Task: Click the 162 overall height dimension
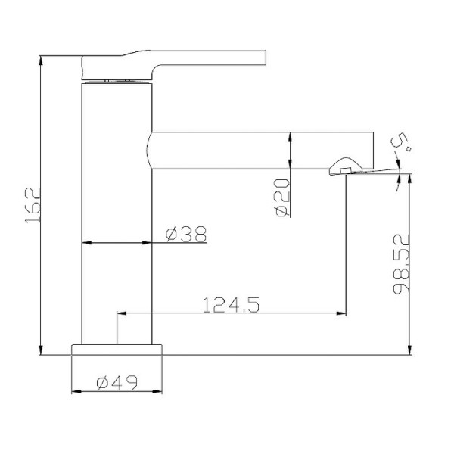click(x=33, y=205)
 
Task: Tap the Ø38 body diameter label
click(x=186, y=234)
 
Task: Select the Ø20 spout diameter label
click(x=282, y=197)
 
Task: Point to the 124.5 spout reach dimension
click(x=231, y=305)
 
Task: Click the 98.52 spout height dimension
click(x=401, y=264)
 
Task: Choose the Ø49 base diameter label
click(x=117, y=382)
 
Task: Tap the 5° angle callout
click(x=401, y=144)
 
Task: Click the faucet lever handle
click(x=174, y=65)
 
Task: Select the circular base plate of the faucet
click(x=117, y=350)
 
